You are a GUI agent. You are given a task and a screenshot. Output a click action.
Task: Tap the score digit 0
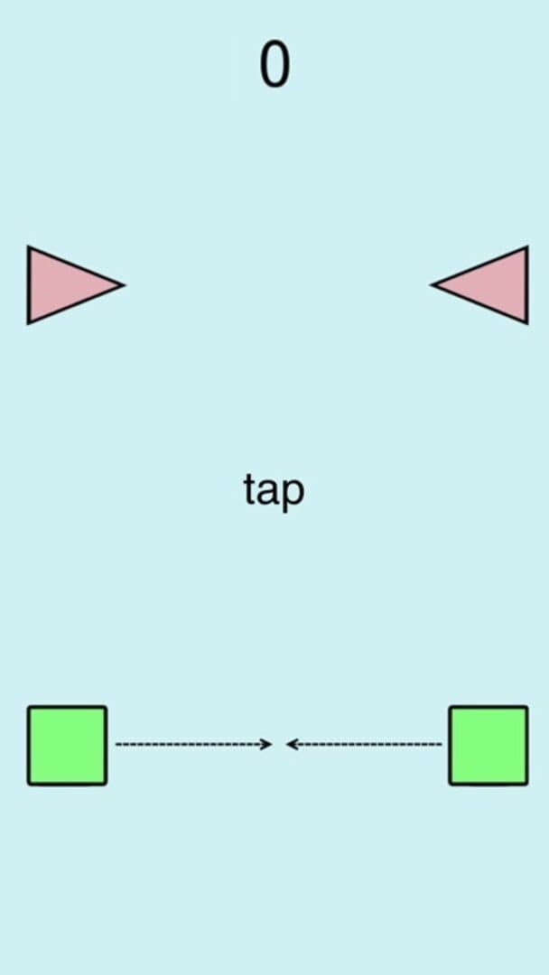pyautogui.click(x=274, y=65)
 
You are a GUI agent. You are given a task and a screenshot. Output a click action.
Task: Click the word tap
pyautogui.click(x=274, y=491)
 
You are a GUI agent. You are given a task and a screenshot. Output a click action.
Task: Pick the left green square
pyautogui.click(x=67, y=745)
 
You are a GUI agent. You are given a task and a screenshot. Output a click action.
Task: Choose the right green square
pyautogui.click(x=489, y=745)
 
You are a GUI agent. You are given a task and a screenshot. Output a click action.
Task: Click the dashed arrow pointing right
pyautogui.click(x=194, y=744)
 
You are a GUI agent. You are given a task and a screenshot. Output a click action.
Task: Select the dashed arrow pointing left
pyautogui.click(x=364, y=744)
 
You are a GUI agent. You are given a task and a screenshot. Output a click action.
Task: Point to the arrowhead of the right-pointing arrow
pyautogui.click(x=268, y=744)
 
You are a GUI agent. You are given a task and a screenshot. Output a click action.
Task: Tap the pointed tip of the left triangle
pyautogui.click(x=125, y=285)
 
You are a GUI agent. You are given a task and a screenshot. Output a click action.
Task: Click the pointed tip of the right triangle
pyautogui.click(x=430, y=285)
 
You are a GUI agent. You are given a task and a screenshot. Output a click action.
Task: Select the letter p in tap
pyautogui.click(x=294, y=496)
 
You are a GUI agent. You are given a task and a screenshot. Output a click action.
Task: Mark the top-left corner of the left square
pyautogui.click(x=28, y=706)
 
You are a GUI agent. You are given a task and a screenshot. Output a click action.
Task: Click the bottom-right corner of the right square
pyautogui.click(x=528, y=785)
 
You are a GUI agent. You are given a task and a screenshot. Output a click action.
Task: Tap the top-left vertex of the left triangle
pyautogui.click(x=27, y=246)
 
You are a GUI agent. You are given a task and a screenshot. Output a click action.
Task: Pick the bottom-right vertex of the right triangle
pyautogui.click(x=528, y=323)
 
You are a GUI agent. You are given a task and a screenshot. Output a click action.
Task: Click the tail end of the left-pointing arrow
pyautogui.click(x=442, y=744)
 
